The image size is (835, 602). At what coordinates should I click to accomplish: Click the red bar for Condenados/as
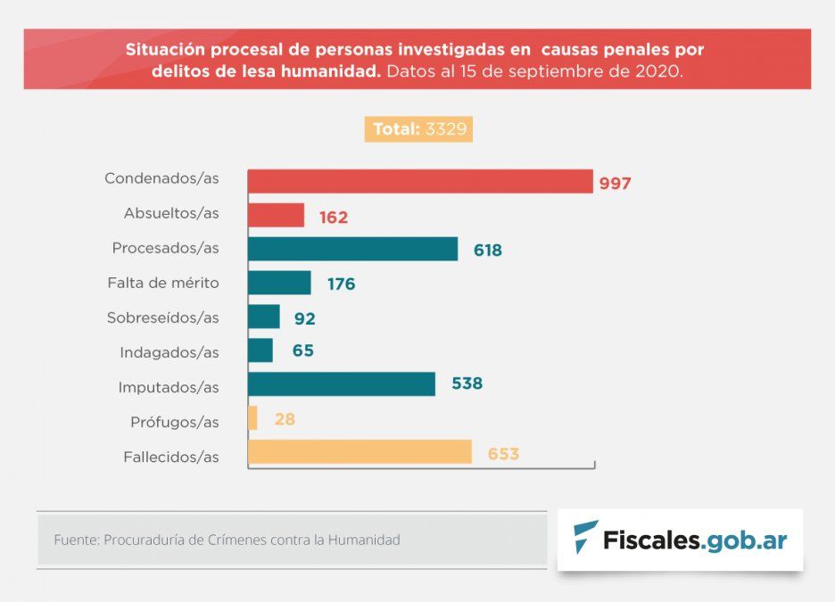click(x=419, y=181)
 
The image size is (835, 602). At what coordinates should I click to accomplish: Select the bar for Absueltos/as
click(x=276, y=215)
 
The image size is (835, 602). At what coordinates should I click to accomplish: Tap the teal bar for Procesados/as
click(x=352, y=249)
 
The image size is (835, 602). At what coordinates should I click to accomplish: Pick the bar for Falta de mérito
click(x=279, y=283)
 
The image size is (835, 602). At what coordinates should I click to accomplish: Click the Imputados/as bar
click(x=342, y=383)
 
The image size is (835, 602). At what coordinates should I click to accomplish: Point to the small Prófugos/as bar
click(x=253, y=418)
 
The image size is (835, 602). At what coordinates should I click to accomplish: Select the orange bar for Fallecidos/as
click(x=360, y=452)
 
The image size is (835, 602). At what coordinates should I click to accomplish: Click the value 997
click(x=615, y=183)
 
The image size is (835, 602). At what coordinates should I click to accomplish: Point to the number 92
click(x=305, y=318)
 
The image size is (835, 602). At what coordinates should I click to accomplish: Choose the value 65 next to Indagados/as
click(x=303, y=350)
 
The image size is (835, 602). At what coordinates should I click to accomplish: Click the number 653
click(x=503, y=454)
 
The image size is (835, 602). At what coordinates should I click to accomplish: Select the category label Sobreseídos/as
click(x=162, y=317)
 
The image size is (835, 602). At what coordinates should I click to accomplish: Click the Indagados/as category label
click(x=169, y=352)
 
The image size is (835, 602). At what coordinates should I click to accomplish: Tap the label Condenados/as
click(x=161, y=178)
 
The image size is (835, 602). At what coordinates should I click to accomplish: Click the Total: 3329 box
click(x=417, y=129)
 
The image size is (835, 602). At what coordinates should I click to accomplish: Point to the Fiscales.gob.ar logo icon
click(x=585, y=539)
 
